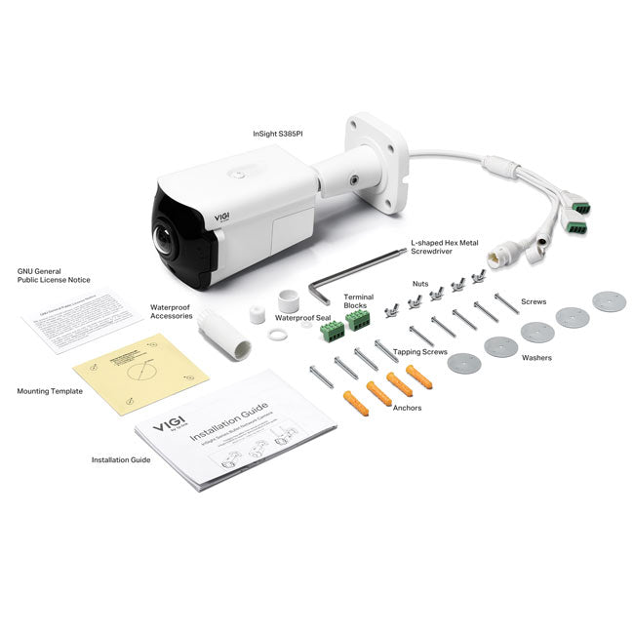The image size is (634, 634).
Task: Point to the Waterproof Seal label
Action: [x=302, y=317]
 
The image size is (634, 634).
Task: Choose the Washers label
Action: [x=535, y=358]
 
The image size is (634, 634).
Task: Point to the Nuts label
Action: [x=420, y=284]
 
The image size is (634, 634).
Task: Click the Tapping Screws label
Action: [x=420, y=350]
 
